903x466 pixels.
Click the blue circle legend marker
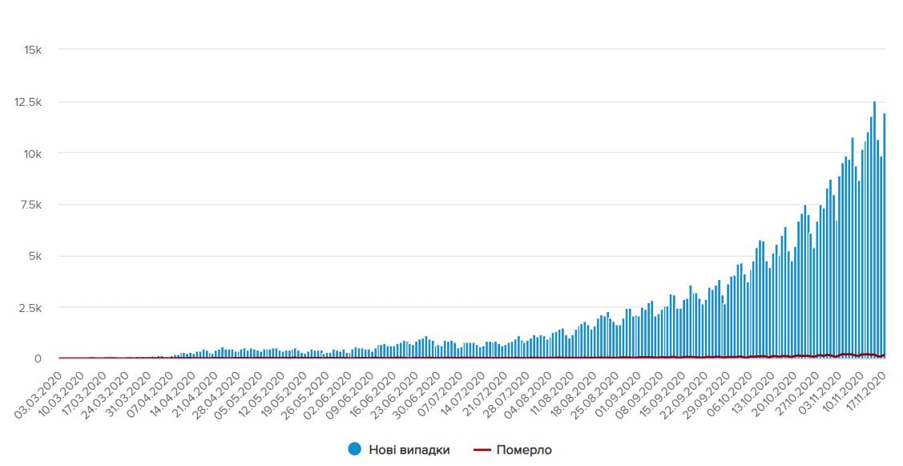354,450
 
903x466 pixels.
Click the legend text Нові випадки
409,450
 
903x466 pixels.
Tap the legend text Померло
524,450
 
